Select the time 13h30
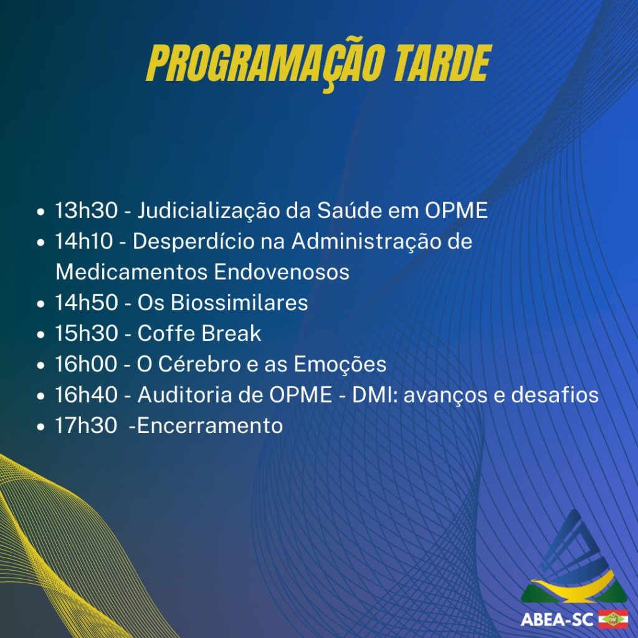(x=86, y=211)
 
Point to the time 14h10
(x=84, y=241)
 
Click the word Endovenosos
(x=282, y=272)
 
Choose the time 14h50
(x=86, y=303)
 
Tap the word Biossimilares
(x=239, y=303)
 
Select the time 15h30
(x=86, y=333)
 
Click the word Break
(x=231, y=333)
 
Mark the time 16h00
(x=86, y=364)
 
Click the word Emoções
(x=340, y=364)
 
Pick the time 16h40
(x=86, y=394)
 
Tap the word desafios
(x=555, y=394)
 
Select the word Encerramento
(x=210, y=426)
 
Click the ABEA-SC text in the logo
(x=556, y=620)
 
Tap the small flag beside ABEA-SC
(x=613, y=619)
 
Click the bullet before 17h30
(x=40, y=427)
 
